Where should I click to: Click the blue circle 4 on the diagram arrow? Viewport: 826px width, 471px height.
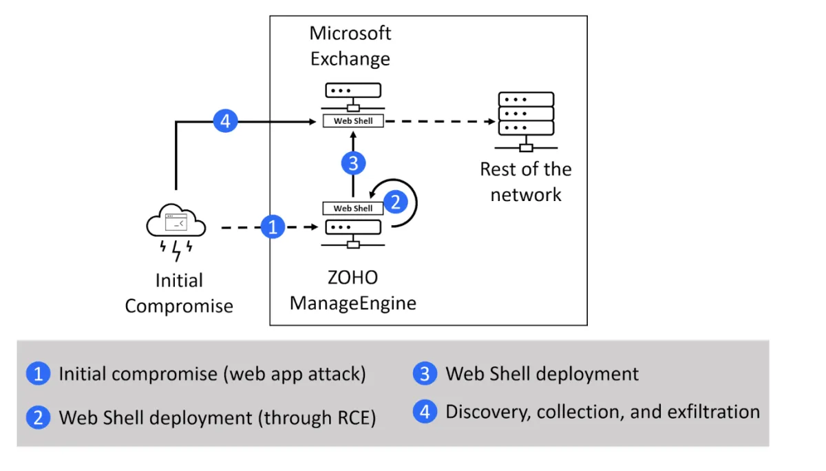pyautogui.click(x=225, y=122)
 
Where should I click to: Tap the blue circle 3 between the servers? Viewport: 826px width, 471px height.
pyautogui.click(x=353, y=164)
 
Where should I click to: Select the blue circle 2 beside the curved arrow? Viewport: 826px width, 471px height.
pyautogui.click(x=396, y=202)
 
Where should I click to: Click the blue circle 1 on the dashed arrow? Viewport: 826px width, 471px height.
pyautogui.click(x=273, y=227)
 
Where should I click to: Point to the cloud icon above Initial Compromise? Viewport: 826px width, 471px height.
pyautogui.click(x=176, y=222)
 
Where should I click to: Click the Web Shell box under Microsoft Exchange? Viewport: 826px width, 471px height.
pyautogui.click(x=353, y=121)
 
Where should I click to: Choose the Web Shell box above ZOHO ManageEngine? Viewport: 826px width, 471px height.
pyautogui.click(x=353, y=208)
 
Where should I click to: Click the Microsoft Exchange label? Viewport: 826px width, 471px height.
pyautogui.click(x=350, y=45)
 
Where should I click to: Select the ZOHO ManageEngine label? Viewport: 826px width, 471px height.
pyautogui.click(x=353, y=290)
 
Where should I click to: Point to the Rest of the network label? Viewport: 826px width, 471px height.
pyautogui.click(x=526, y=181)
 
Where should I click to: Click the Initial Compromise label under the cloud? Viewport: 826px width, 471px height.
pyautogui.click(x=179, y=293)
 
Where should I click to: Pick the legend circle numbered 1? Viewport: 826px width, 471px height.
pyautogui.click(x=38, y=374)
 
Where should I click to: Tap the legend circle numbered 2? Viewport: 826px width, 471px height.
pyautogui.click(x=38, y=417)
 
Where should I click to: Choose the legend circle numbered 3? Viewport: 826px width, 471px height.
pyautogui.click(x=425, y=374)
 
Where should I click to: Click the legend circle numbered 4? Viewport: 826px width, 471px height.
pyautogui.click(x=425, y=412)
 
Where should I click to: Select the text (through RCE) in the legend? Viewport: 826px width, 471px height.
pyautogui.click(x=317, y=417)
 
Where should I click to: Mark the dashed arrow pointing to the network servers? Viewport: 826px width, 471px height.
pyautogui.click(x=441, y=122)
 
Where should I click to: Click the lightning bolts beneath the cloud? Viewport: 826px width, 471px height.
pyautogui.click(x=176, y=249)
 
